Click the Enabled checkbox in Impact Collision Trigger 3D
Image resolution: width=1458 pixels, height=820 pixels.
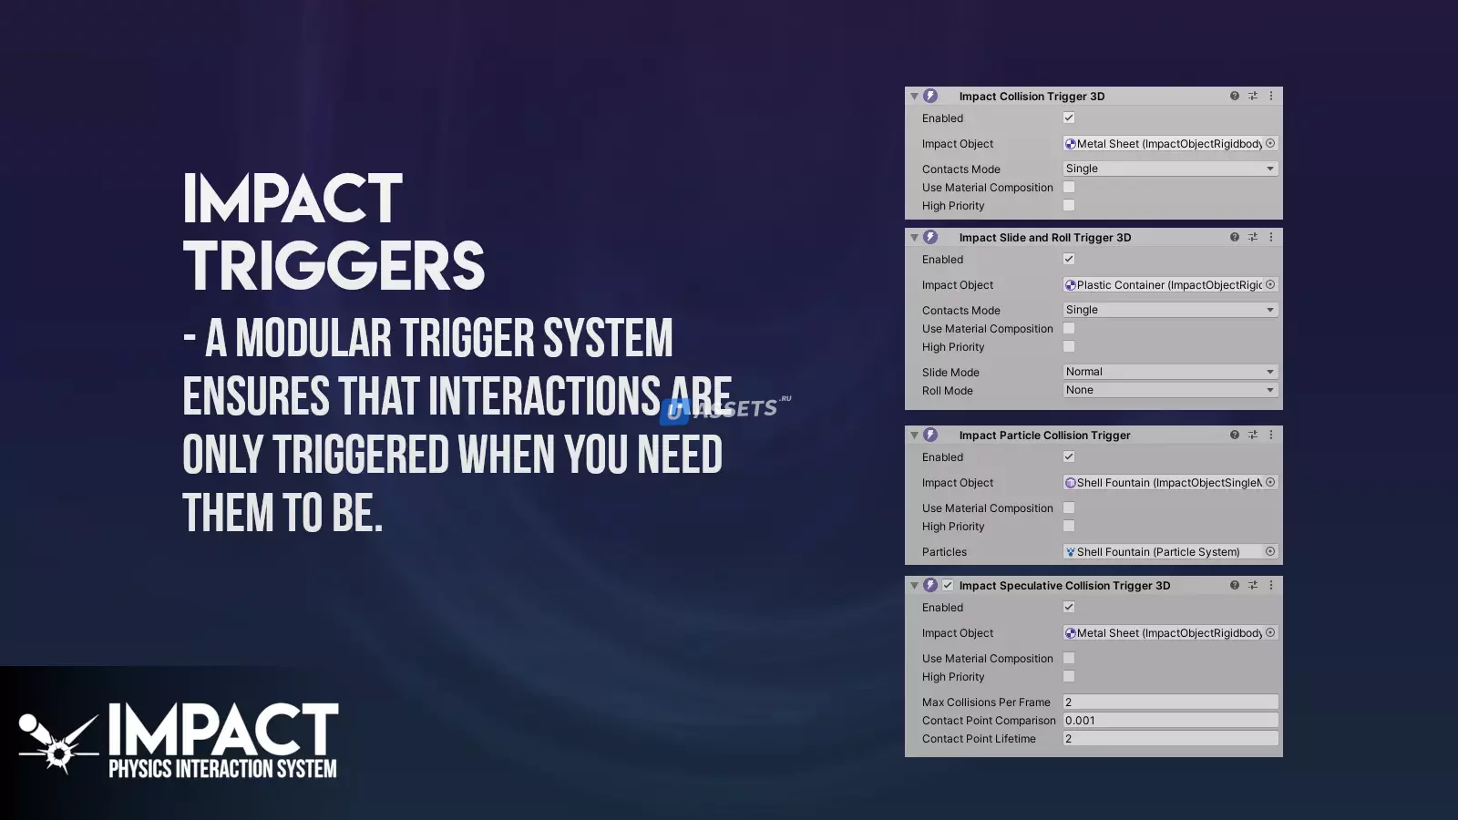pos(1069,118)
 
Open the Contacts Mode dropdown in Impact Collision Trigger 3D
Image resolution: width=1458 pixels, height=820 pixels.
pos(1170,169)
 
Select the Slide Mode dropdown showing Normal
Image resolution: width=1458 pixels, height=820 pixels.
pos(1170,372)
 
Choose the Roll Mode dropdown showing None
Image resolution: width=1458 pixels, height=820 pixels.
pos(1170,390)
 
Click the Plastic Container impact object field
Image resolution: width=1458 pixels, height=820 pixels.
pos(1170,285)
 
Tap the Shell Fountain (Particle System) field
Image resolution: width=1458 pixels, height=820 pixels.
pos(1170,552)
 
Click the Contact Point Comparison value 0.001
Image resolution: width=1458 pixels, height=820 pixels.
pos(1170,721)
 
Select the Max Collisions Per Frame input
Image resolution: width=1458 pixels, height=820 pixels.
pos(1170,702)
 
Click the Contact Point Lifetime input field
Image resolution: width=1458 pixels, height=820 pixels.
pos(1170,739)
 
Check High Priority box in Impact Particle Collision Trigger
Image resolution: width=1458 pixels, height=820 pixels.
pos(1069,526)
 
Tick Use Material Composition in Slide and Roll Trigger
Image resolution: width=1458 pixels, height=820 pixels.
pos(1069,329)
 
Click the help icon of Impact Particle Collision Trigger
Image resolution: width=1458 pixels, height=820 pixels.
pos(1234,435)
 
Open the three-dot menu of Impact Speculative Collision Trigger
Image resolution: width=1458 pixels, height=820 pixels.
pos(1271,585)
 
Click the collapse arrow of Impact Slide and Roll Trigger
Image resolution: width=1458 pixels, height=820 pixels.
pos(915,238)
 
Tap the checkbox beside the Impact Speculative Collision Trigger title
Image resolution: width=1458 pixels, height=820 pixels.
pos(948,585)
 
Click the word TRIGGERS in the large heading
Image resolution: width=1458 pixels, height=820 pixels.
pos(334,265)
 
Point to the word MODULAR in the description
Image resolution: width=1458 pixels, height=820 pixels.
pos(313,338)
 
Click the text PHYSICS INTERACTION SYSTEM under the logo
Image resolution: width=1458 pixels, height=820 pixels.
pos(222,769)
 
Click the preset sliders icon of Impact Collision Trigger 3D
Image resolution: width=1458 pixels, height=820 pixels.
pos(1253,96)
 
